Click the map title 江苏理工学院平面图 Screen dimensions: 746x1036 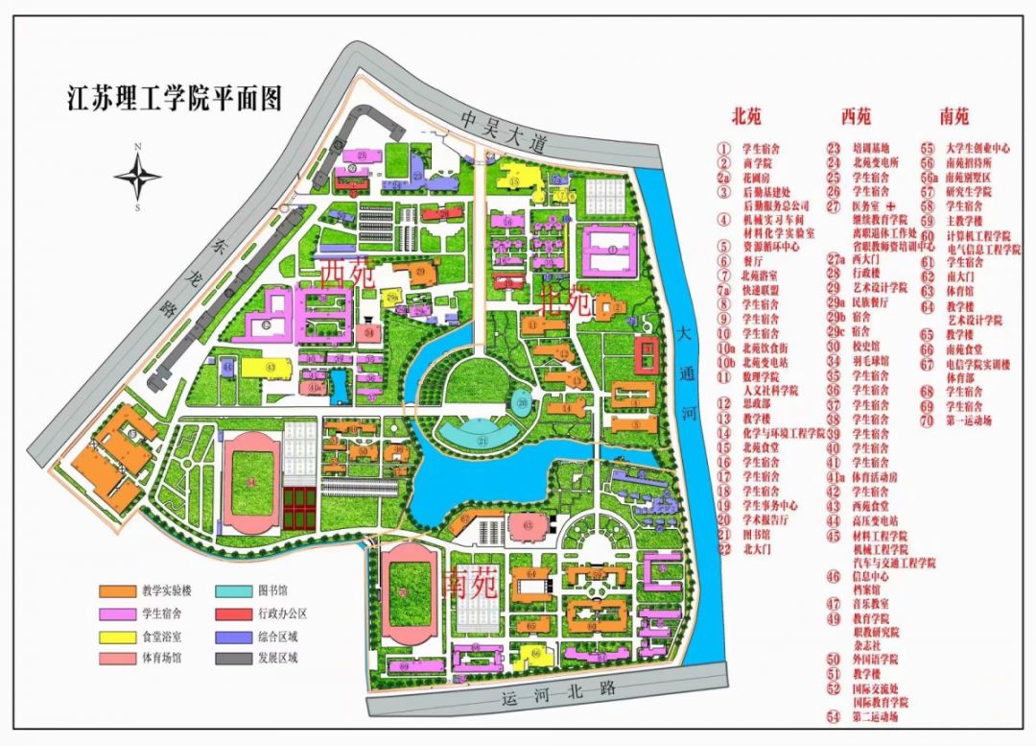[x=174, y=98]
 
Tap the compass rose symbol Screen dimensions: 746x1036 [x=138, y=176]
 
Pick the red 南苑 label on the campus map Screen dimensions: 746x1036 [x=471, y=584]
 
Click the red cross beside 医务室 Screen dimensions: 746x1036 [x=890, y=205]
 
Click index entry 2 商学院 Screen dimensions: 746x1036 [x=758, y=163]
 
